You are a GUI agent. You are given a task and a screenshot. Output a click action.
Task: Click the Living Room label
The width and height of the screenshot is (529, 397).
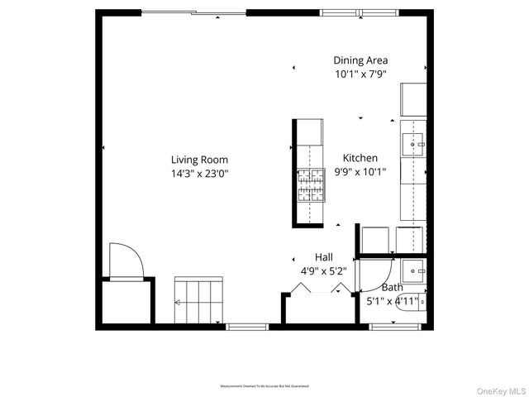click(199, 160)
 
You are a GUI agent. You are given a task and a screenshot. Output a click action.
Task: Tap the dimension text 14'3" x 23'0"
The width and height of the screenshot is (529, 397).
click(199, 174)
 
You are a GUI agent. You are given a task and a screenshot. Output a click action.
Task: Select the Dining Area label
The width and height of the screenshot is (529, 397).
click(360, 60)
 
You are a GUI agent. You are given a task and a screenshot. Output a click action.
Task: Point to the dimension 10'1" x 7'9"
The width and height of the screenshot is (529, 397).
click(360, 74)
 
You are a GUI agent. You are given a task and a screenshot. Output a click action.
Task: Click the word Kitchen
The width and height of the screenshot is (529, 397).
click(360, 158)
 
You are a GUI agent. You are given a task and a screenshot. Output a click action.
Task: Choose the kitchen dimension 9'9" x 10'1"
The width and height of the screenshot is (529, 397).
click(360, 172)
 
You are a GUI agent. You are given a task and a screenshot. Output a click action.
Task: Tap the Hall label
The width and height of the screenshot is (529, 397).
click(323, 256)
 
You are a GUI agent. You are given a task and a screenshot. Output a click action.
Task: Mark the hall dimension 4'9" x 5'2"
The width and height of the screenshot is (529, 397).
click(323, 270)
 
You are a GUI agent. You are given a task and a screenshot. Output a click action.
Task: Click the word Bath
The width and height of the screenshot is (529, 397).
click(392, 288)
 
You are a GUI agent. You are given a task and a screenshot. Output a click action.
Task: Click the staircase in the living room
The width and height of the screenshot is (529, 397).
click(199, 301)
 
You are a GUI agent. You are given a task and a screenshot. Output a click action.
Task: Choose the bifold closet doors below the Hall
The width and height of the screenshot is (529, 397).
click(318, 288)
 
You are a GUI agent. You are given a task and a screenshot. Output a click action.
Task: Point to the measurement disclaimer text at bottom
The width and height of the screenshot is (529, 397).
click(264, 386)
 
